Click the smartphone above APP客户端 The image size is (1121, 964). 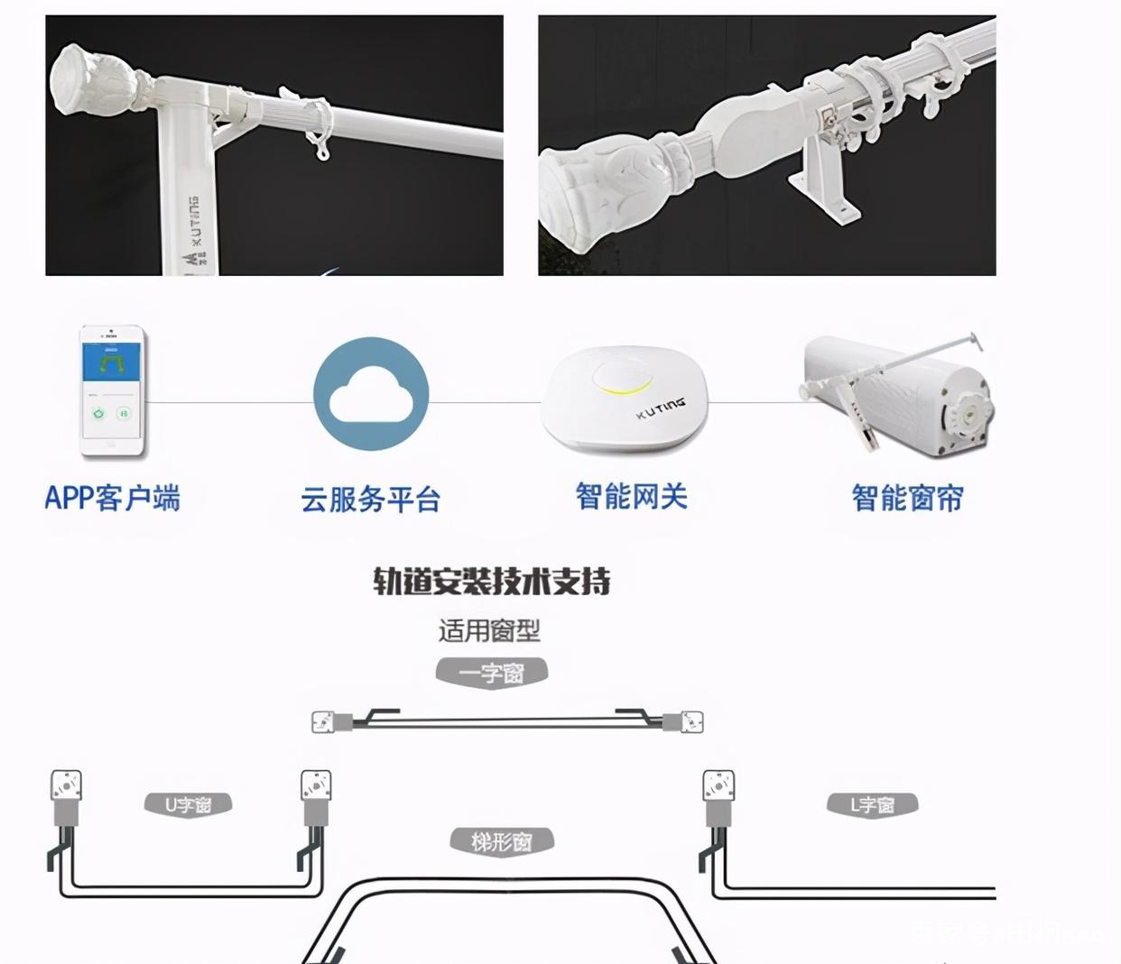click(112, 391)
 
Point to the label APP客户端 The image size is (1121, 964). click(113, 498)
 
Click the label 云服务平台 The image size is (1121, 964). click(371, 499)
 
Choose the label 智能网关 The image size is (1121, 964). click(631, 496)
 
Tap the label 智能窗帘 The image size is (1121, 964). click(907, 498)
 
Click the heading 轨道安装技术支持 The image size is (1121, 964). click(492, 582)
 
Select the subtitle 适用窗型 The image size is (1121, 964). click(489, 630)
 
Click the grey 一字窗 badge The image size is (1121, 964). click(492, 673)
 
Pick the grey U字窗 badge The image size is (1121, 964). click(188, 804)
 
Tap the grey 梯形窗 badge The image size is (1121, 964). click(502, 842)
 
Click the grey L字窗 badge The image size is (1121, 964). click(872, 804)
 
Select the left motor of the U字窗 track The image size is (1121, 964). click(66, 798)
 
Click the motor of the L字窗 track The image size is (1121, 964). click(718, 798)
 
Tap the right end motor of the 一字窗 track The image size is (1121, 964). click(685, 721)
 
